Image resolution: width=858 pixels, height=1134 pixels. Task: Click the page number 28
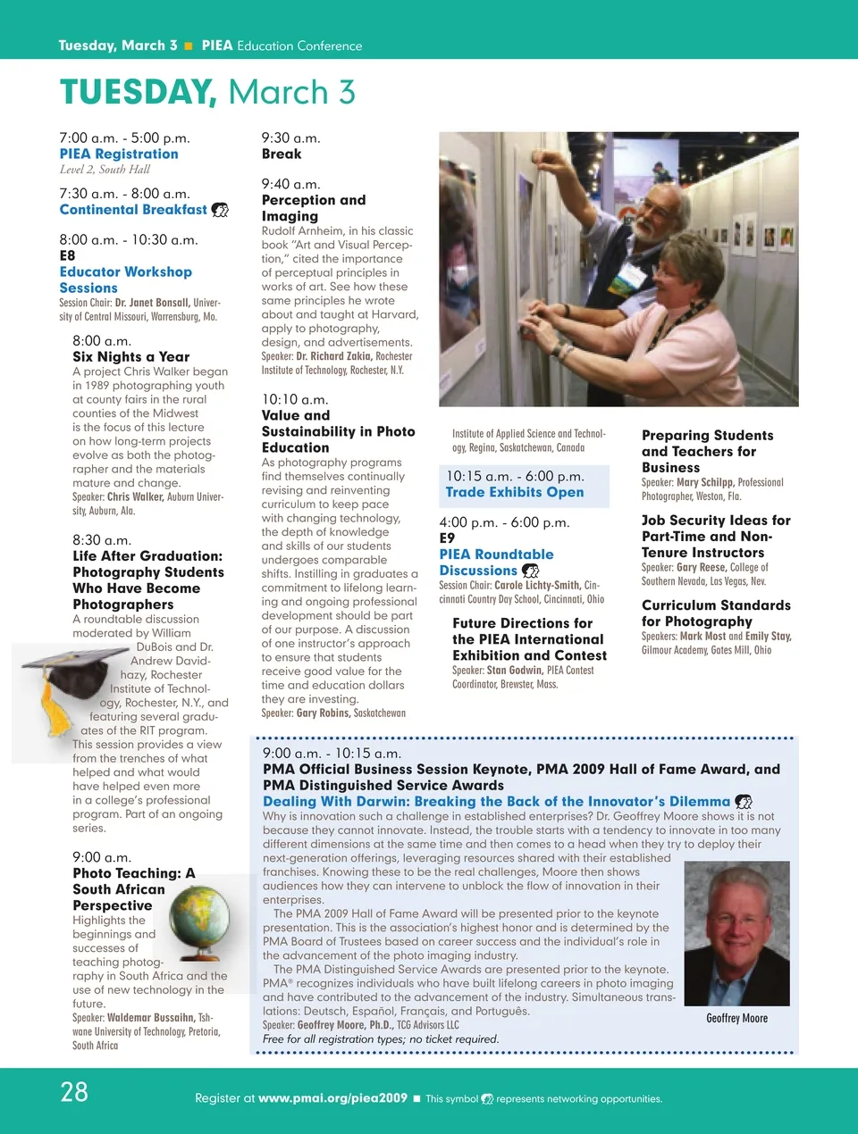point(74,1091)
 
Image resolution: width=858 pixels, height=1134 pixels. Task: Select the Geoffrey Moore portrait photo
point(736,933)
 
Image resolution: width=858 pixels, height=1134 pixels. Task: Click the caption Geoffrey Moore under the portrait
point(736,1018)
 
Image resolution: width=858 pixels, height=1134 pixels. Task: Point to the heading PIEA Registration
point(119,154)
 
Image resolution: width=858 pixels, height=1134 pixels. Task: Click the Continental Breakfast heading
point(133,210)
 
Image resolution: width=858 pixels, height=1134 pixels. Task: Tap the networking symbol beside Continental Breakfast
point(220,210)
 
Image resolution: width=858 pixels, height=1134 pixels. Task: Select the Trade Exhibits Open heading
point(515,492)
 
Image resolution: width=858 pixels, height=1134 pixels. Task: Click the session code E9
point(447,538)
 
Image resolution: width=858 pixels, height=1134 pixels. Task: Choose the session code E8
point(67,255)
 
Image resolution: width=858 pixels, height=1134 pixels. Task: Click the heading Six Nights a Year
point(130,356)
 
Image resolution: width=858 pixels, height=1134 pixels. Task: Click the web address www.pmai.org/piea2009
point(332,1098)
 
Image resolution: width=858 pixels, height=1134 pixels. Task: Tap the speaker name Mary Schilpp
point(705,482)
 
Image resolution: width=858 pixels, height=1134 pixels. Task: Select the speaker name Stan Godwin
point(514,670)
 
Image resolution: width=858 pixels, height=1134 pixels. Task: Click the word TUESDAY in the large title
point(138,92)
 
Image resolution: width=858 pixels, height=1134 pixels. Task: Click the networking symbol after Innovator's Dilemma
point(743,802)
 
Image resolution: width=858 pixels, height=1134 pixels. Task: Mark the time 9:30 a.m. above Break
point(290,138)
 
